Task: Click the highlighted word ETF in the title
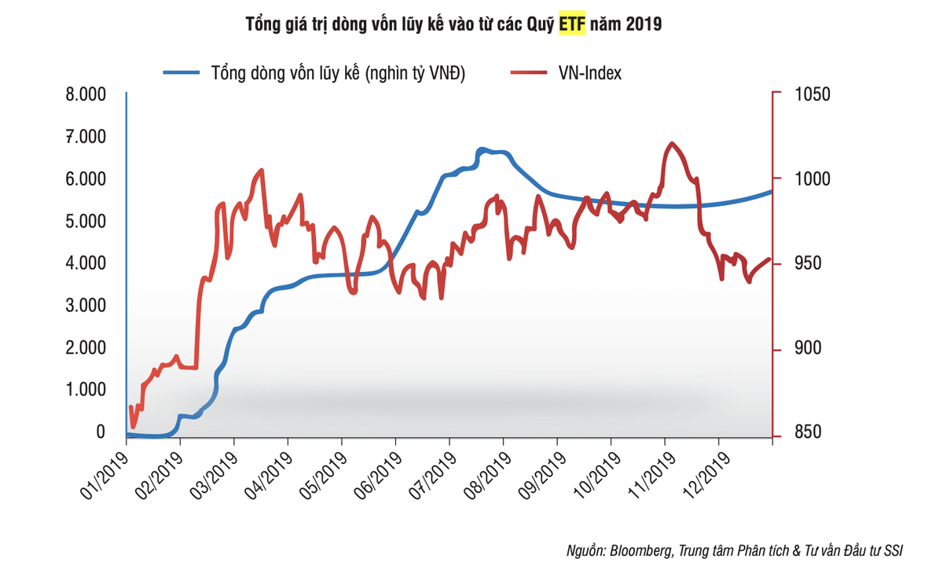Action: [x=572, y=24]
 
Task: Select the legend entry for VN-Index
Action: [x=567, y=73]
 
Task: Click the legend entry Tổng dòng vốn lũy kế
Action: [x=315, y=73]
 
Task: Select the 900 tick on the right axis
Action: [x=799, y=348]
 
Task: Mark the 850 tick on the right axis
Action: [x=799, y=432]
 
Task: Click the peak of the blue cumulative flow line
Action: [x=482, y=149]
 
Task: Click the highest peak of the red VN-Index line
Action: [x=670, y=144]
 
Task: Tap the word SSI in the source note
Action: [x=893, y=551]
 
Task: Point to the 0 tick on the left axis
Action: [x=100, y=432]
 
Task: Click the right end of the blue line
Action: [x=772, y=191]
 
